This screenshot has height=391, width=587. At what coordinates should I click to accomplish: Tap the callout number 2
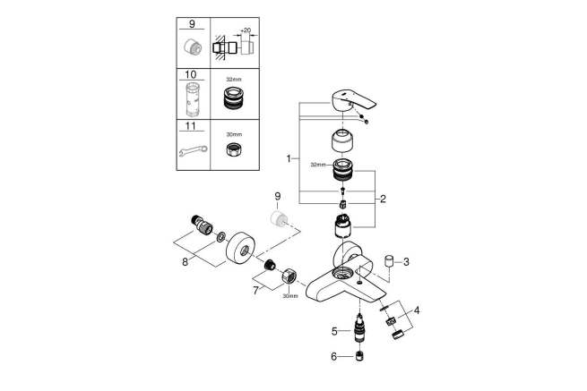coord(383,200)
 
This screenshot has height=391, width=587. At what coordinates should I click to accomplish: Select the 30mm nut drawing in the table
coord(233,151)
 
